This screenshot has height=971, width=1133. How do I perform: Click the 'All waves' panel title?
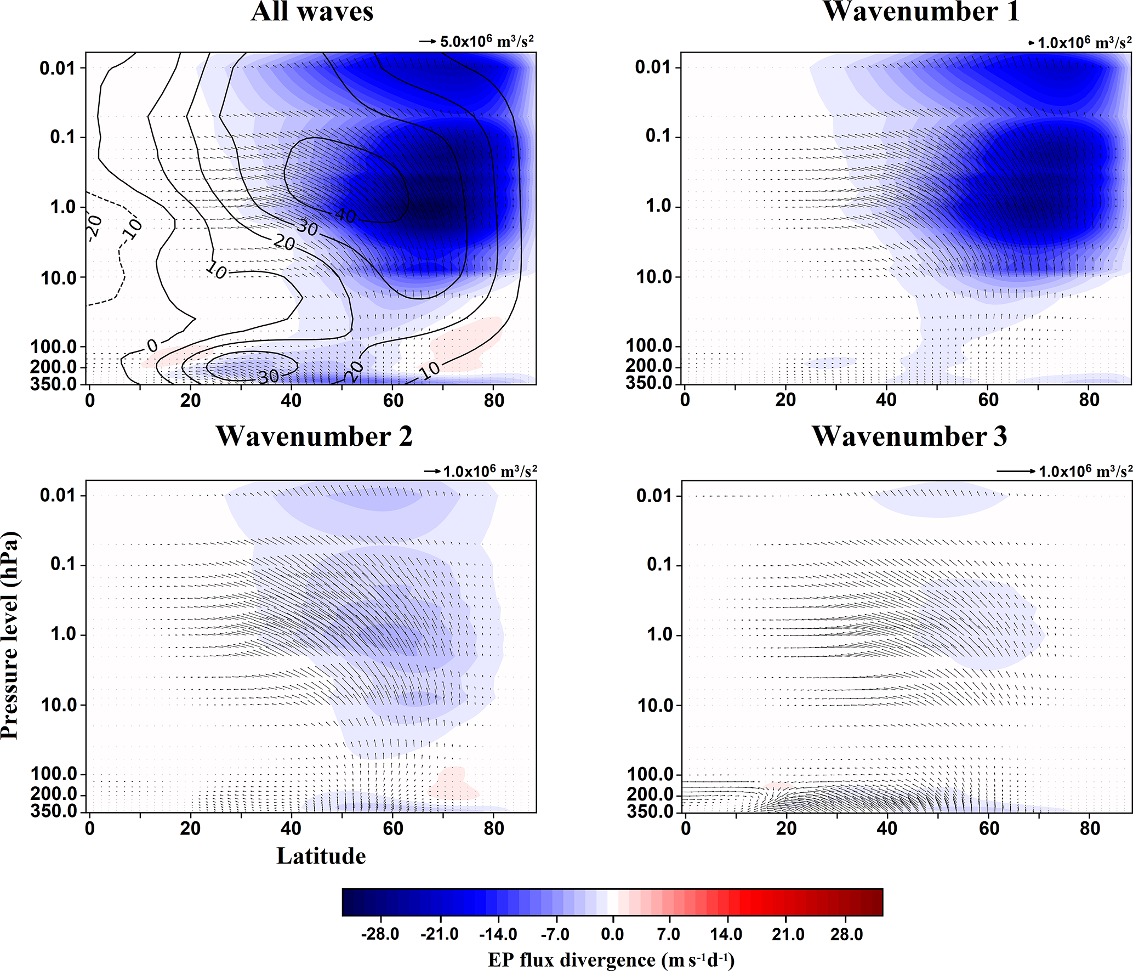coord(312,12)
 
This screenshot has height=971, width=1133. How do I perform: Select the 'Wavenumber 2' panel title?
coord(314,437)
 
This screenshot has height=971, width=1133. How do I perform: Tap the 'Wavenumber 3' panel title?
coord(909,437)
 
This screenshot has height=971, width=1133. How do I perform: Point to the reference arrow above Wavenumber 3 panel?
coord(1016,471)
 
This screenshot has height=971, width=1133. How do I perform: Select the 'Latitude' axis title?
coord(321,856)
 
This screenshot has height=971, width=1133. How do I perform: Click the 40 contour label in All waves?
coord(345,215)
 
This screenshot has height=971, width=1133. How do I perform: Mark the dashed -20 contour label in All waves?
coord(94,227)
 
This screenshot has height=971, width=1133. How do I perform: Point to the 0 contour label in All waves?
coord(152,345)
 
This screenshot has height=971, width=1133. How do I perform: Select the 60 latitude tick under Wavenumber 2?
coord(393,828)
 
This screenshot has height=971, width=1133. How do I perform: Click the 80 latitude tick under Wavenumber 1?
coord(1089,400)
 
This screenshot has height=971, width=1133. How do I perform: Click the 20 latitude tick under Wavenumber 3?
coord(786,828)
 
